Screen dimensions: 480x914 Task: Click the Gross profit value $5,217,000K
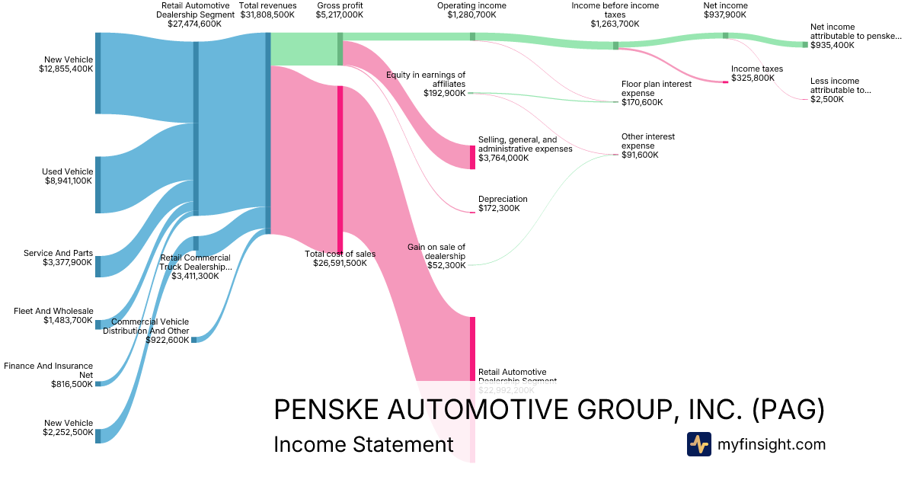click(340, 14)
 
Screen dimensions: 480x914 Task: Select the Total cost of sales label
click(340, 254)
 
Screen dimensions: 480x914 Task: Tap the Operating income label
click(471, 5)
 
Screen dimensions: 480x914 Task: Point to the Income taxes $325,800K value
click(753, 78)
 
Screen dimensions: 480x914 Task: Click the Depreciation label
click(503, 199)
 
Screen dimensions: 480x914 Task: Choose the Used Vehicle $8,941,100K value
click(67, 181)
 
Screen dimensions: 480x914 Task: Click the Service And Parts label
click(58, 253)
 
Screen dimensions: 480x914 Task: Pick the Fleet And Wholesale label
click(53, 311)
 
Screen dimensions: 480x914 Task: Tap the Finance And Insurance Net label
click(48, 370)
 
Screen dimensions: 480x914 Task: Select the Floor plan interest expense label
click(657, 88)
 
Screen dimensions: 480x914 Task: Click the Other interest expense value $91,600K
click(640, 155)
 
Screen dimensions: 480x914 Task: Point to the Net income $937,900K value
click(725, 14)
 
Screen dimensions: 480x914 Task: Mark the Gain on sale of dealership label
click(436, 251)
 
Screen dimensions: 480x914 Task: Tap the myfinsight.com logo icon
click(698, 444)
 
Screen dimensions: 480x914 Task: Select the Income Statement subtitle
click(363, 444)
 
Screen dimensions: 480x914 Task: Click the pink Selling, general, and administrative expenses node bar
click(472, 157)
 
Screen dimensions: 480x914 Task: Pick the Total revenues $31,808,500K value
click(268, 14)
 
